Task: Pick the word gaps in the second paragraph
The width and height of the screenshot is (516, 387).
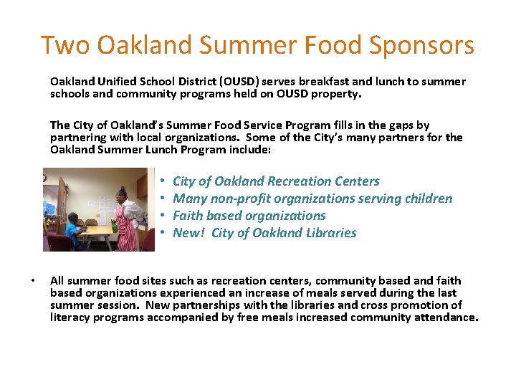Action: point(391,125)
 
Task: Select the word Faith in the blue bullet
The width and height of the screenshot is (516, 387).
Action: point(188,216)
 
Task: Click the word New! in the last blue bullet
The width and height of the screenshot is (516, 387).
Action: point(189,233)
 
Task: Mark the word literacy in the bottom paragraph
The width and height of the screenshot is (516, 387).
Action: point(70,317)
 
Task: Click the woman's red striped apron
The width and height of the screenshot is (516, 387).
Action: point(127,234)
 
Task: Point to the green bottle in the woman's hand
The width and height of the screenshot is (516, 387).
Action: point(115,225)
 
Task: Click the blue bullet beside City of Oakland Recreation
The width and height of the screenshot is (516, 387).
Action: point(163,181)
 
